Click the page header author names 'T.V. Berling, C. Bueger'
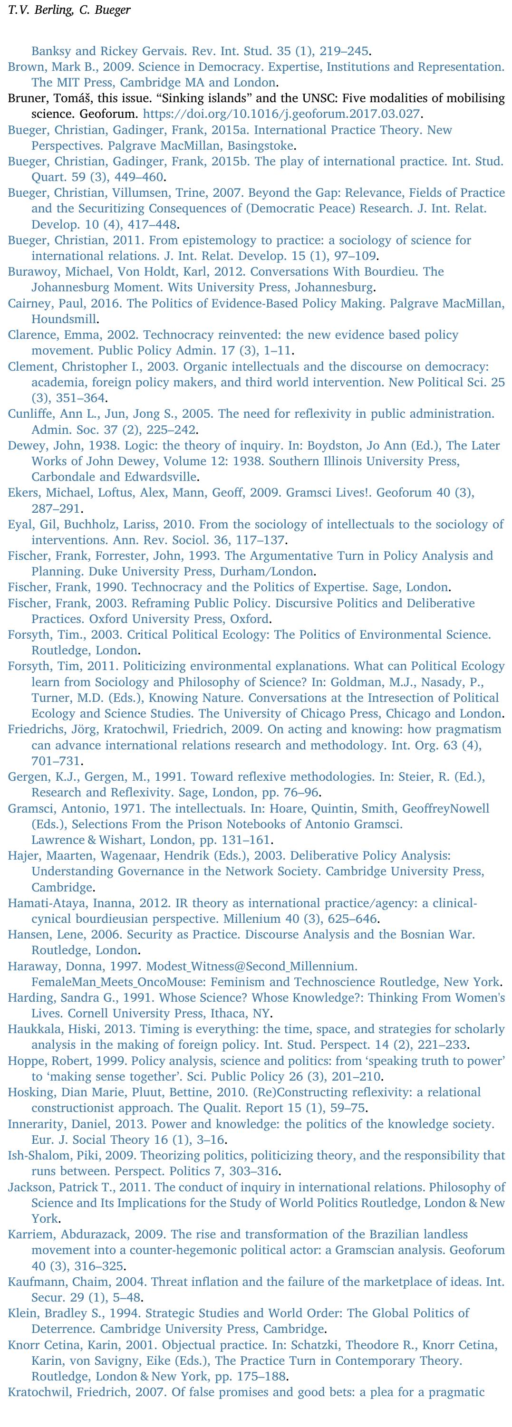pyautogui.click(x=70, y=10)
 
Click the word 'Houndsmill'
pyautogui.click(x=64, y=320)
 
